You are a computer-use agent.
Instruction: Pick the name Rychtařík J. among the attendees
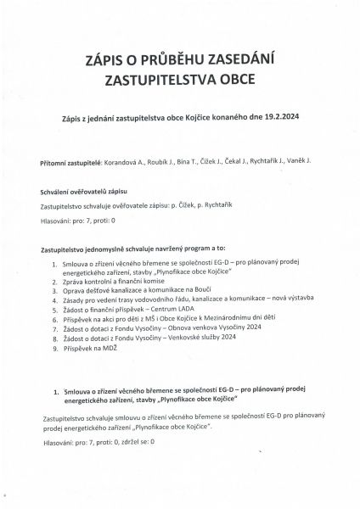261,161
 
